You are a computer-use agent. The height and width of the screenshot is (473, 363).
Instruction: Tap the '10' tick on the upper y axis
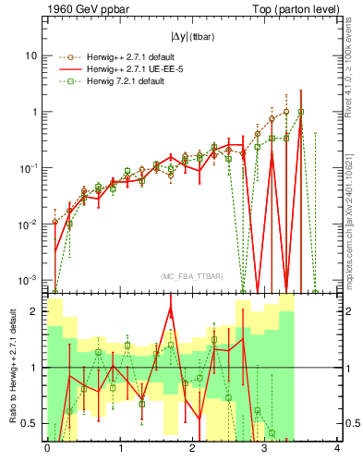click(x=30, y=55)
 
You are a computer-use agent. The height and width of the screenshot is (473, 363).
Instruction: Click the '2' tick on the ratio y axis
click(x=34, y=311)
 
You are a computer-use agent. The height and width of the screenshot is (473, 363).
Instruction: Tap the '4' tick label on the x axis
click(x=337, y=449)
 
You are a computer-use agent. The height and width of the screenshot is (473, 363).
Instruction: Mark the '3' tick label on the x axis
click(x=265, y=449)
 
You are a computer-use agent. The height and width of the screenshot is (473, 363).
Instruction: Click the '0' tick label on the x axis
click(x=47, y=449)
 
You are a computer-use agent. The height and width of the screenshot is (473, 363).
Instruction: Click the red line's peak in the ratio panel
click(x=171, y=307)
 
